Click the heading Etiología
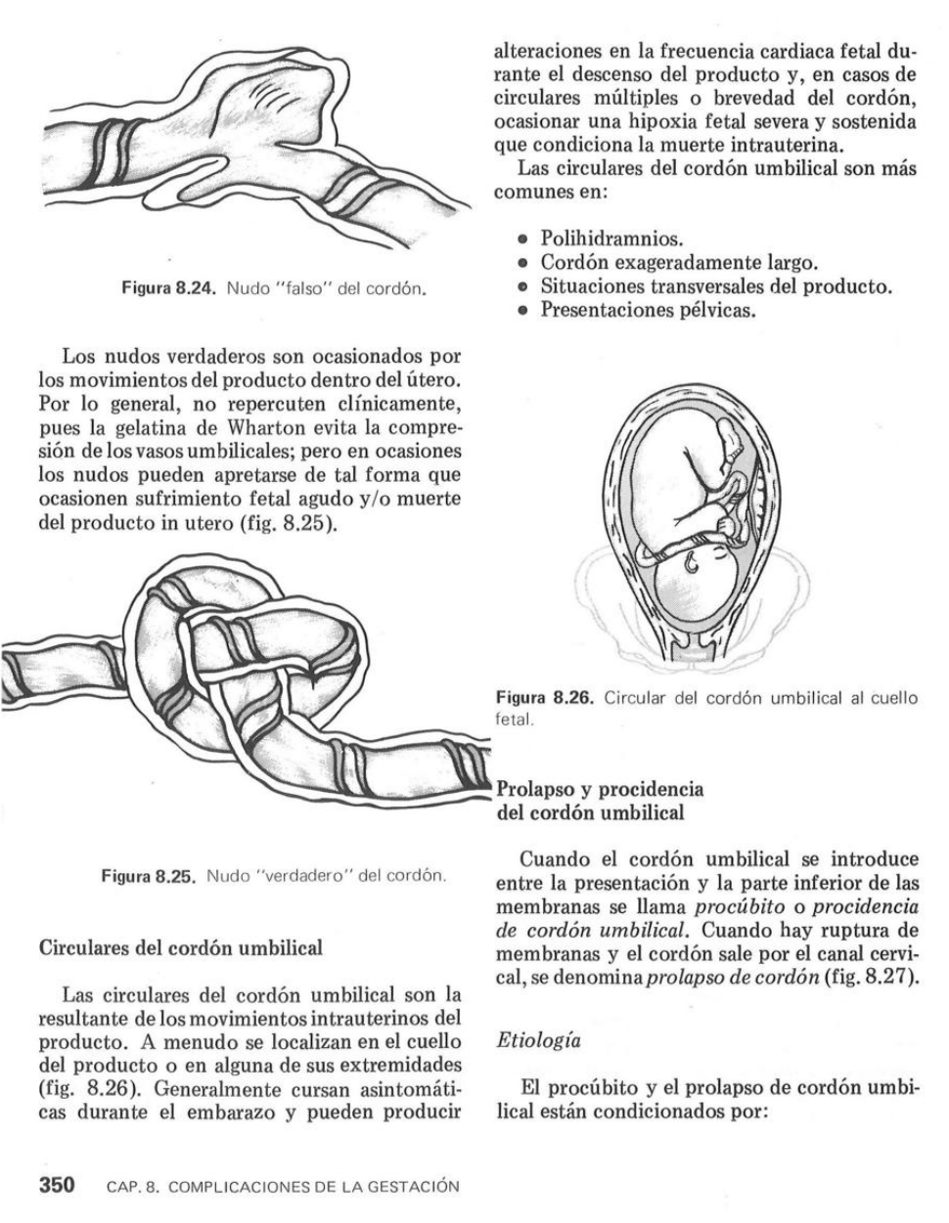pos(538,1040)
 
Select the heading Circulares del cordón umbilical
pos(179,947)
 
